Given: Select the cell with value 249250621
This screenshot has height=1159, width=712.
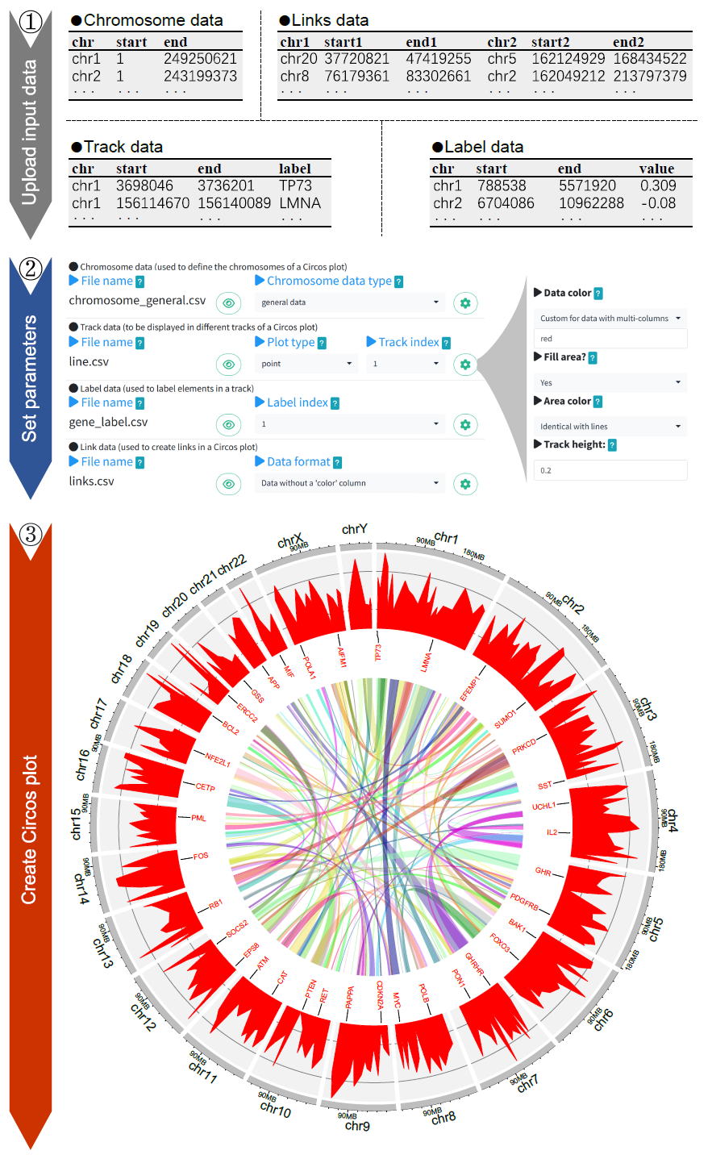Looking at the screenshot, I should (x=200, y=59).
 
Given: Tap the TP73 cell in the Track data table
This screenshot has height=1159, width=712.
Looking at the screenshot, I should (x=295, y=186).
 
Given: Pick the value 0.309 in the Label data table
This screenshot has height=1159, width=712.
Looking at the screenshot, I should (x=657, y=186).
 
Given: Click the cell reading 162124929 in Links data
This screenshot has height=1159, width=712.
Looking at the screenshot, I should (x=568, y=59).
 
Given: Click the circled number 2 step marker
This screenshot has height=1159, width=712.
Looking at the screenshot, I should (x=31, y=268).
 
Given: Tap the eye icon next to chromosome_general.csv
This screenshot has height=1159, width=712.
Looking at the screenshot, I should (x=229, y=303).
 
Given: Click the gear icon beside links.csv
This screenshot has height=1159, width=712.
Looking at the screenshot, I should (x=465, y=484).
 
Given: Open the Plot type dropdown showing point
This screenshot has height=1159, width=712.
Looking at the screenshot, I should (x=306, y=364).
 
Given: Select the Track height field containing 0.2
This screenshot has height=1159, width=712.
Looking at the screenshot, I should (x=610, y=470).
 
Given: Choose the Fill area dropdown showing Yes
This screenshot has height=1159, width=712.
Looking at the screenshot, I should (x=610, y=382).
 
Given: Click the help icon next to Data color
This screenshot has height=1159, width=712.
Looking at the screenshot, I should (x=598, y=294).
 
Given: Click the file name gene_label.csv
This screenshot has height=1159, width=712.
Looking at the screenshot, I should (x=108, y=422).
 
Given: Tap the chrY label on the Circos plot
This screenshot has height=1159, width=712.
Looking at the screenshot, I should (x=354, y=529).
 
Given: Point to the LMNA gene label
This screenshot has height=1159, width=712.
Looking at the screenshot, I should (x=427, y=662).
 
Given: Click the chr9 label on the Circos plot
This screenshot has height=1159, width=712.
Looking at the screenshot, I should (x=357, y=1126).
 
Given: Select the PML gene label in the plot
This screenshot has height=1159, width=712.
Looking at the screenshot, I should (x=198, y=818).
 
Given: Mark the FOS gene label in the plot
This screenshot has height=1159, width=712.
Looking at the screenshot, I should (x=201, y=856).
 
